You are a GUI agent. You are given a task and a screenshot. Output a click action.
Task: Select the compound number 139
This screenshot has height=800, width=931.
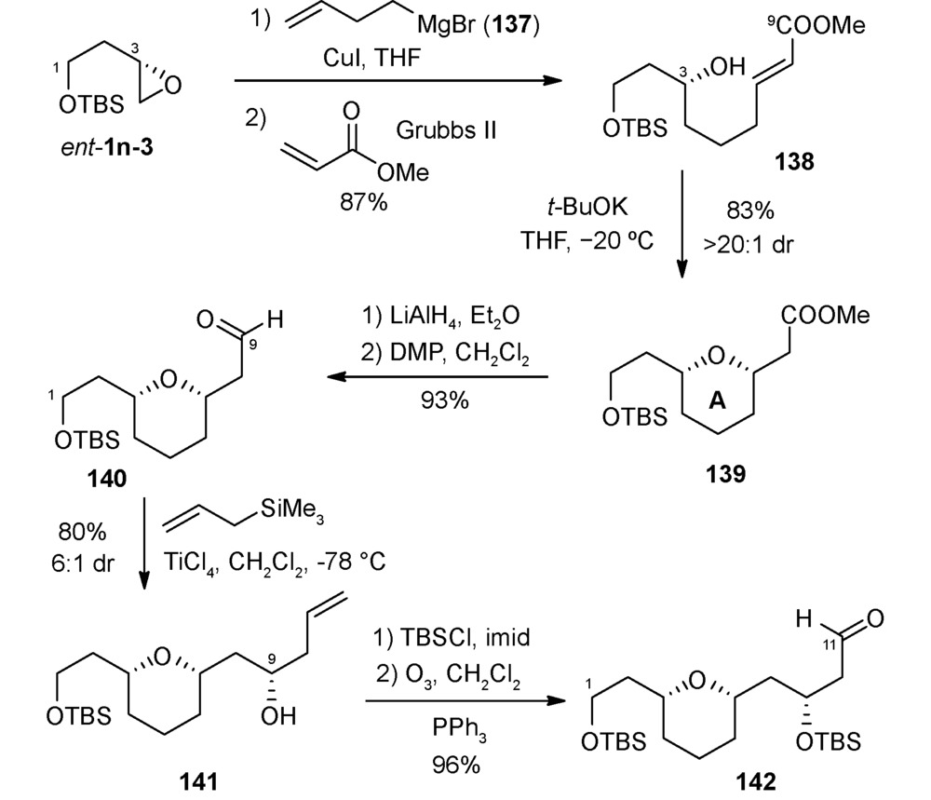coord(725,474)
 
